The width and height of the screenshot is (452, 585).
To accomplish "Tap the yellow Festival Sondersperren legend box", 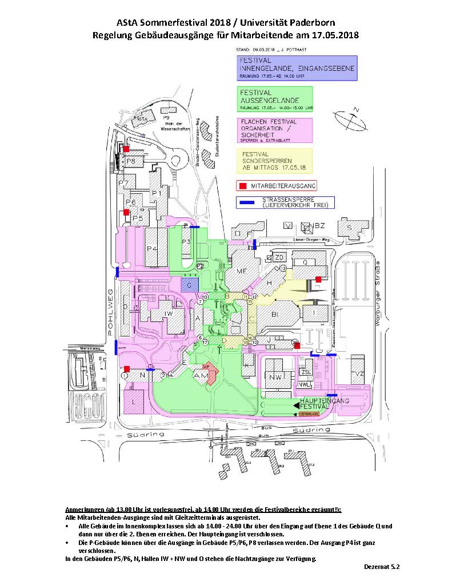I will pos(275,161).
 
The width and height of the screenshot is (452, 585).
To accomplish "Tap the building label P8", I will pos(131,161).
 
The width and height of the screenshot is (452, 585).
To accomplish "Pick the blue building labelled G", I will pos(189,284).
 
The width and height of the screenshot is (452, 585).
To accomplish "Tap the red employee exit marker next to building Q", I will pos(318,280).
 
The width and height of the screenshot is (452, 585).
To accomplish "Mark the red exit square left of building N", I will pos(127,369).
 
